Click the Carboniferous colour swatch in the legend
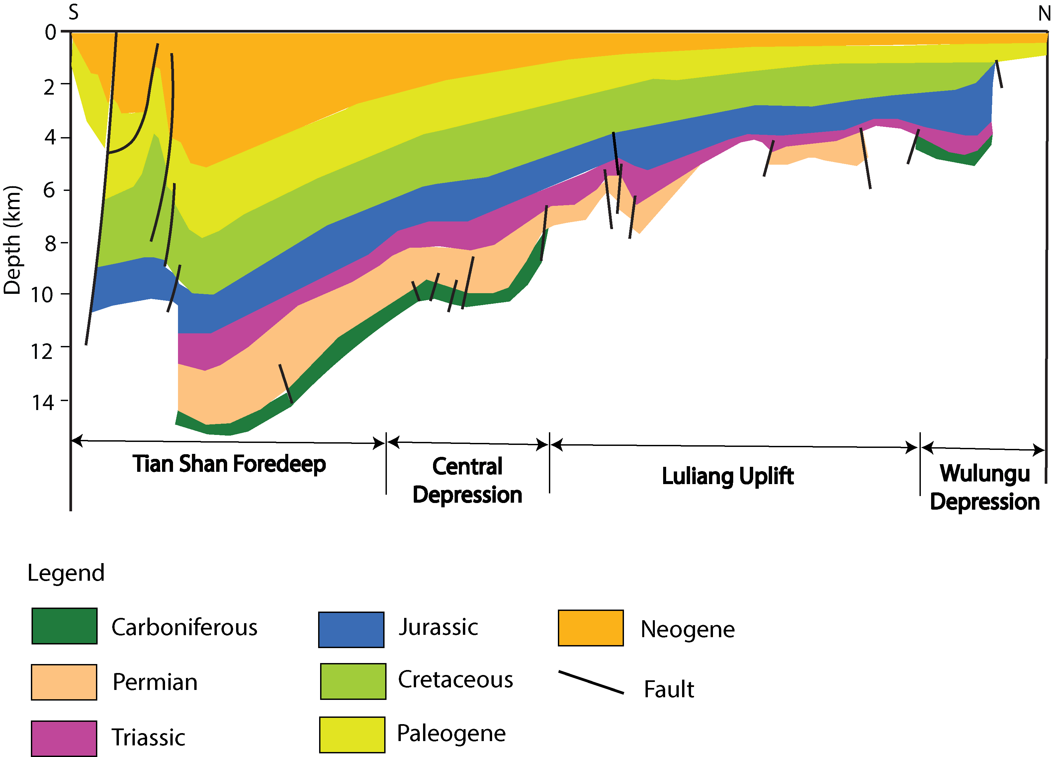64,626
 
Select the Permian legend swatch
64,682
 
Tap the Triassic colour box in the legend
64,738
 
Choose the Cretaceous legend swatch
353,681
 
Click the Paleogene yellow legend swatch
352,735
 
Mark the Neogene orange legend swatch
590,628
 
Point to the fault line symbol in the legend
591,682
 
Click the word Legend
66,573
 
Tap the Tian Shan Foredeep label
229,464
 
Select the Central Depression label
467,480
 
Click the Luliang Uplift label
727,476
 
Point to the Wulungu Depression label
985,487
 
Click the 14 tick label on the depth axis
43,402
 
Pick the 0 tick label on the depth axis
50,33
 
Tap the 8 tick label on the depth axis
50,243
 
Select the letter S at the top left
73,13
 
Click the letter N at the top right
1044,14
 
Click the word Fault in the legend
669,689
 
